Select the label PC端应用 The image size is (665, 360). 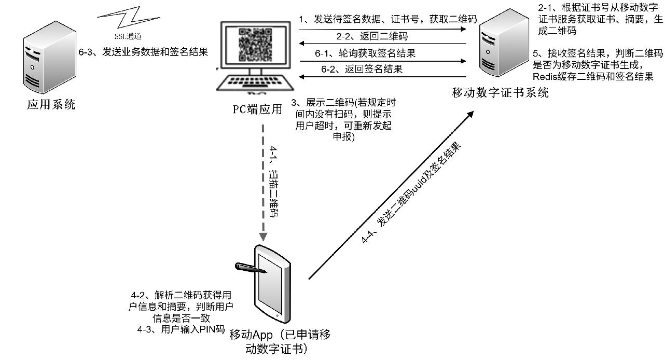(x=257, y=109)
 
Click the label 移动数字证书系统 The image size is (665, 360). (x=500, y=93)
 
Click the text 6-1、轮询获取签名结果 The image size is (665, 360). (x=365, y=53)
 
